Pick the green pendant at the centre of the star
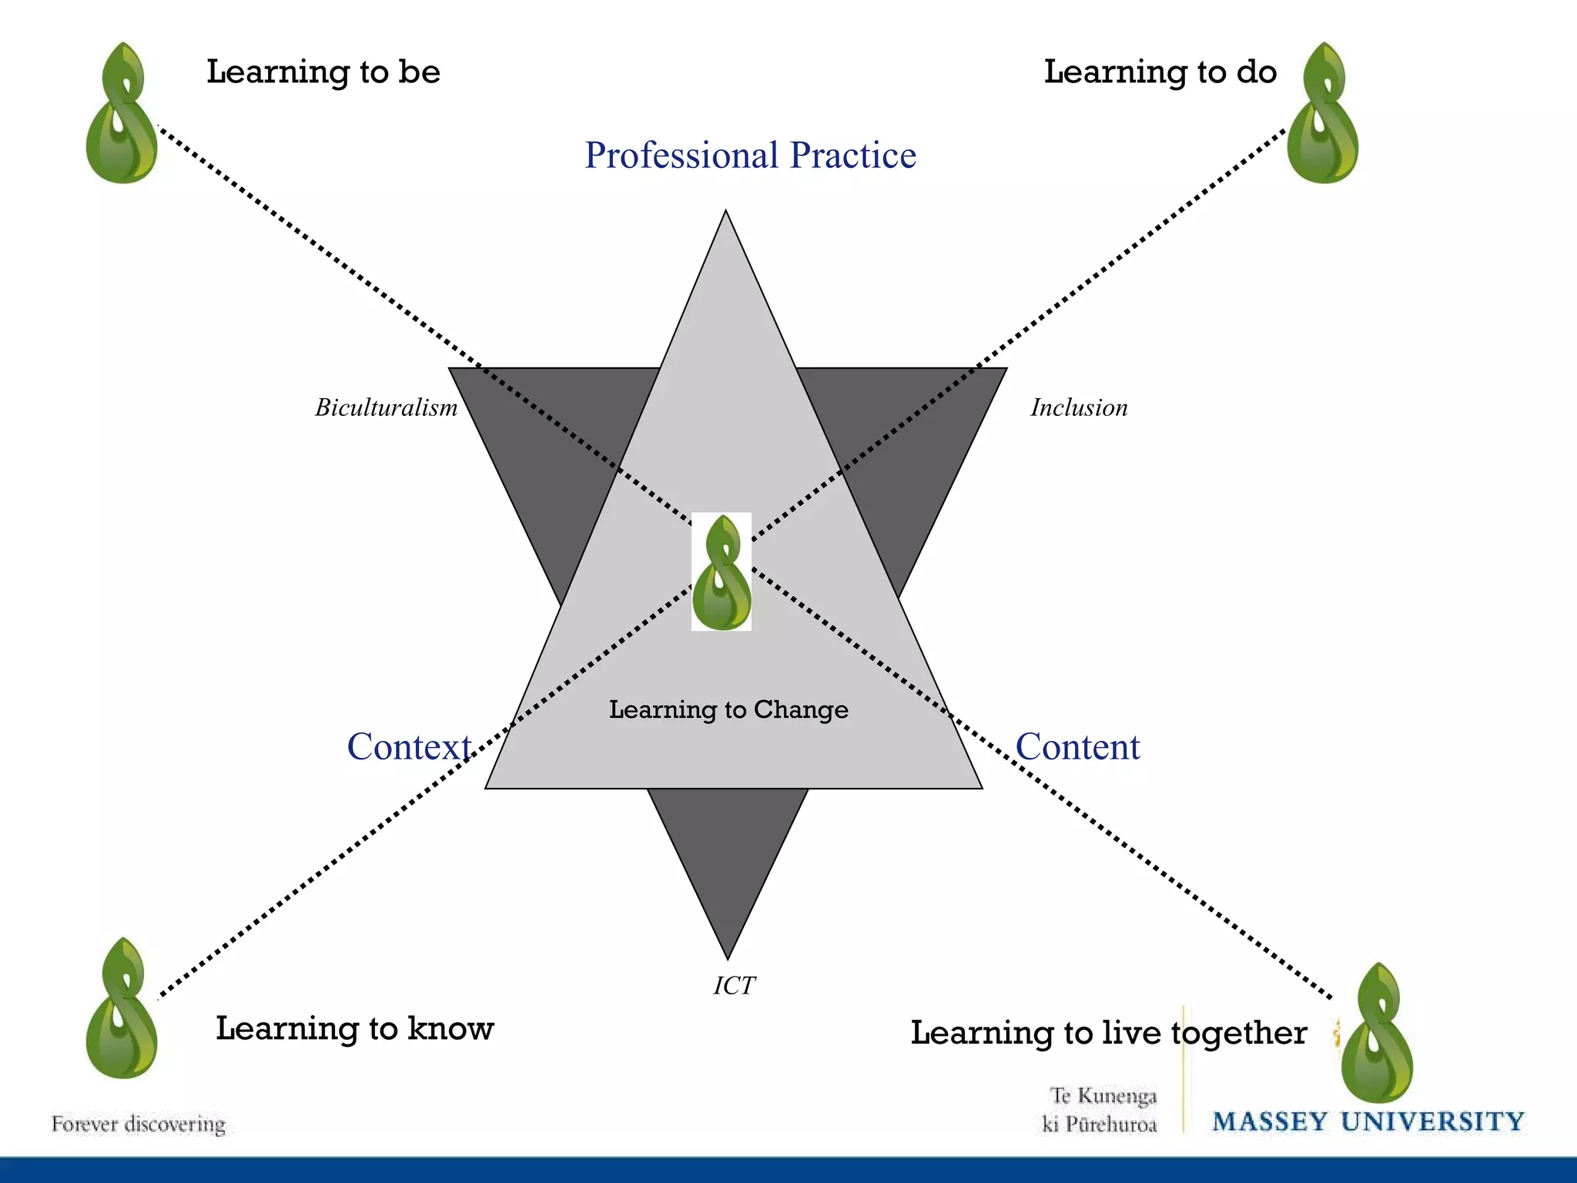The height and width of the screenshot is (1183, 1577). [x=722, y=572]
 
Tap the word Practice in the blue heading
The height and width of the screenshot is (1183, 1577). [x=853, y=156]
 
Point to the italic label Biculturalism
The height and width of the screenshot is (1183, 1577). [x=386, y=407]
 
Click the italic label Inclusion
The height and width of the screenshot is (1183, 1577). [x=1079, y=407]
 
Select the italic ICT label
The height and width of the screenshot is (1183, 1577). [x=734, y=986]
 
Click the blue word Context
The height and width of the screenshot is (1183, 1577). [x=409, y=746]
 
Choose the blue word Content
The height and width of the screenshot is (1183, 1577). [x=1077, y=746]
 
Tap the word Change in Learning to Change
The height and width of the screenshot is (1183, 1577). [x=801, y=709]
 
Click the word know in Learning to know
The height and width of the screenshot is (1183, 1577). [x=450, y=1028]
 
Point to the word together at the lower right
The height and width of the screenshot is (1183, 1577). [x=1239, y=1033]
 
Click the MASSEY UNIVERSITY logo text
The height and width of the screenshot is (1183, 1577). [x=1368, y=1122]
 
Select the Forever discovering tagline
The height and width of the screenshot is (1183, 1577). [x=139, y=1124]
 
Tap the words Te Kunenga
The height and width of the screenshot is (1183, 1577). [x=1103, y=1095]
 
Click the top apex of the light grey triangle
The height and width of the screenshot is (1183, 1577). [x=725, y=213]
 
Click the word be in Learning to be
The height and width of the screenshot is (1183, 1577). [x=419, y=72]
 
